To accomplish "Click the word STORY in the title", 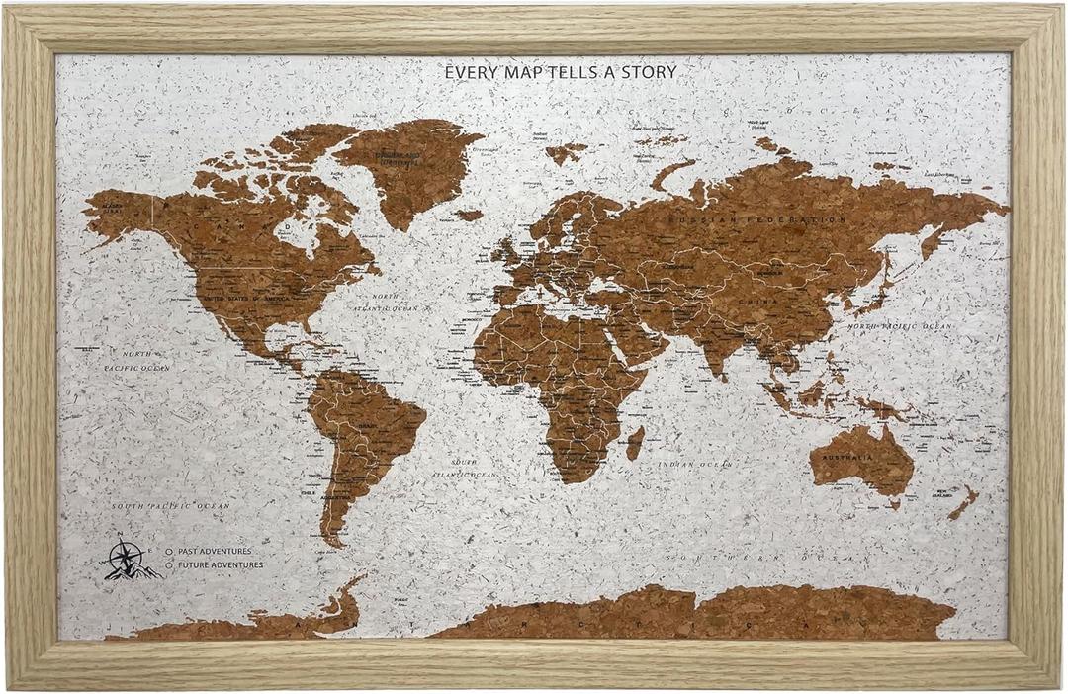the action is point(648,72).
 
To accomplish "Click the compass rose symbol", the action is point(126,560).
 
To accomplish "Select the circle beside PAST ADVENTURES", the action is point(170,551).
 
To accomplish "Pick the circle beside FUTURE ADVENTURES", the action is point(170,564).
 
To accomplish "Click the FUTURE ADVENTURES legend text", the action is point(221,564).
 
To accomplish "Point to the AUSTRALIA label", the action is point(852,458).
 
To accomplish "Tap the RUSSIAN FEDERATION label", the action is point(770,218).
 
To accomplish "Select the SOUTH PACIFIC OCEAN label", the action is point(170,506).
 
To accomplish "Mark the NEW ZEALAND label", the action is point(956,491).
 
